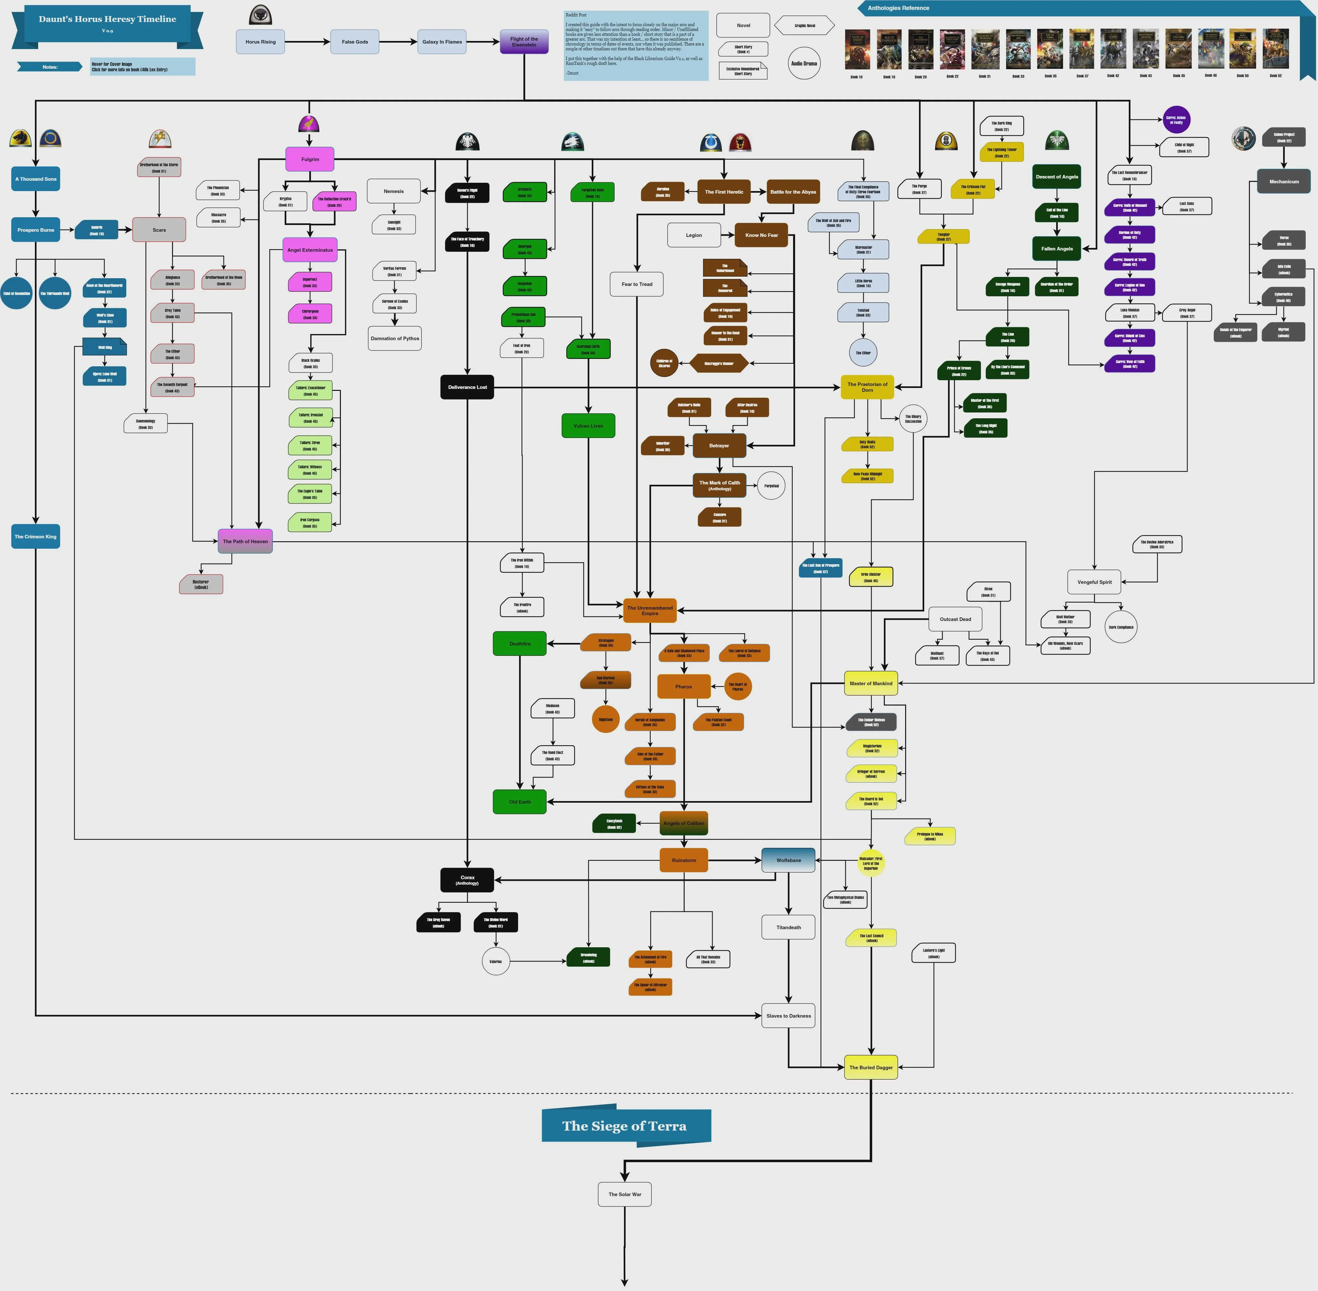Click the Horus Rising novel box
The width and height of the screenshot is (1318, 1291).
click(261, 41)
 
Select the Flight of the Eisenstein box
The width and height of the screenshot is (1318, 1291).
click(524, 41)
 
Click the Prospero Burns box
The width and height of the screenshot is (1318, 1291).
click(36, 230)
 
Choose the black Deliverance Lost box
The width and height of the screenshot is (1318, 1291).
click(467, 387)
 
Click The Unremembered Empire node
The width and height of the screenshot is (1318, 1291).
click(649, 610)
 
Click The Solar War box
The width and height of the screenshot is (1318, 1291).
click(624, 1194)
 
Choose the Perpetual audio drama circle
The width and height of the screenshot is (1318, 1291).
click(771, 485)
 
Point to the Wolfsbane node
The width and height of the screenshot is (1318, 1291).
click(788, 860)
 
